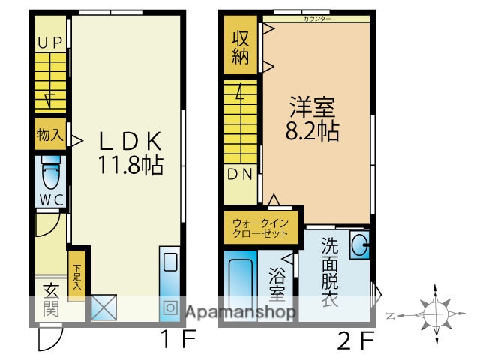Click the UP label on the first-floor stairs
(50, 43)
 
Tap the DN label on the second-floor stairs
(240, 175)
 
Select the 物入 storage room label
(49, 136)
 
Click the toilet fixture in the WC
(51, 175)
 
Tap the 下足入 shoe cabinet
(76, 274)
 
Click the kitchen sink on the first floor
(170, 262)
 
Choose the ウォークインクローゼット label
(259, 229)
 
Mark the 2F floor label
(355, 341)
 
